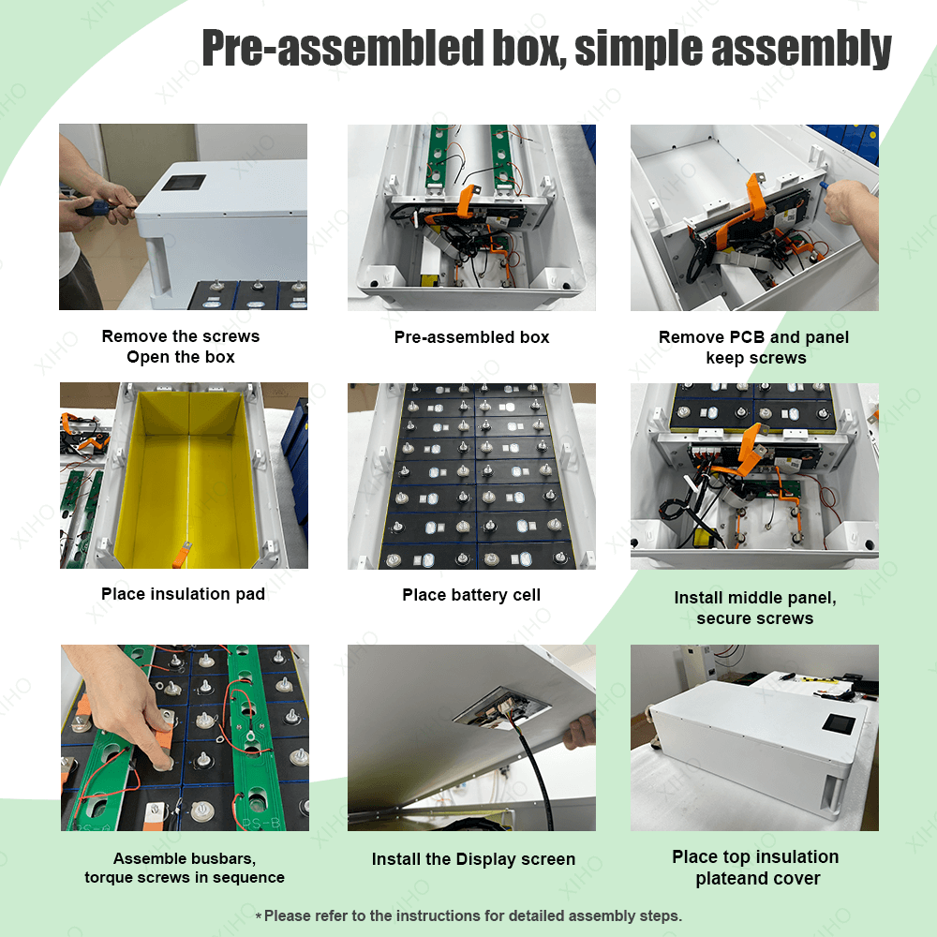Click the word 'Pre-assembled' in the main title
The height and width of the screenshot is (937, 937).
pyautogui.click(x=343, y=48)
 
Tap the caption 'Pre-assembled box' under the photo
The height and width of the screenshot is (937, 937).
pyautogui.click(x=471, y=337)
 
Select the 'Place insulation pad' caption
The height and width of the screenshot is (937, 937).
pyautogui.click(x=183, y=594)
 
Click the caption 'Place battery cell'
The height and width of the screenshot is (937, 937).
pyautogui.click(x=471, y=595)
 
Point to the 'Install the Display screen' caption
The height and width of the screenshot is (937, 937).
pyautogui.click(x=473, y=859)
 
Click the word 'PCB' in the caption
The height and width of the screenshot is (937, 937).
pyautogui.click(x=748, y=337)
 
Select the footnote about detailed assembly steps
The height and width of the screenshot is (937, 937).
pyautogui.click(x=468, y=915)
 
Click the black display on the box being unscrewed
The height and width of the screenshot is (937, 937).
pyautogui.click(x=184, y=183)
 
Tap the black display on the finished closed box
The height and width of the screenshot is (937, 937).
pyautogui.click(x=839, y=723)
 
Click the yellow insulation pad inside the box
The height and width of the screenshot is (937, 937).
pyautogui.click(x=187, y=478)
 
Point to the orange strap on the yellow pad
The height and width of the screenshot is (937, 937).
pyautogui.click(x=182, y=554)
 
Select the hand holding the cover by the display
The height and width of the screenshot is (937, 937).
pyautogui.click(x=579, y=732)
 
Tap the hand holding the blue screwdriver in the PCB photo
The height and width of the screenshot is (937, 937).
pyautogui.click(x=851, y=209)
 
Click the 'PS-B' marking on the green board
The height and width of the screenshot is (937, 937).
pyautogui.click(x=262, y=823)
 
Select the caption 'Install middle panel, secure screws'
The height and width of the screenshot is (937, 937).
pyautogui.click(x=754, y=608)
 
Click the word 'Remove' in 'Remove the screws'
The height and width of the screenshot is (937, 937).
pyautogui.click(x=133, y=336)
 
